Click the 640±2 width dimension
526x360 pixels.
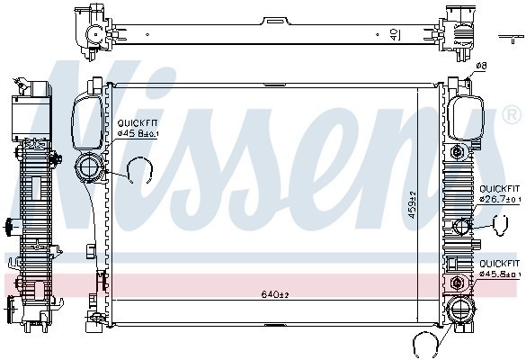click(x=273, y=292)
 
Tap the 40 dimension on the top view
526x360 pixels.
click(x=395, y=34)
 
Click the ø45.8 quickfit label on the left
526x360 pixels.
click(x=138, y=133)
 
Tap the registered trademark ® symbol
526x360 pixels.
click(x=511, y=115)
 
